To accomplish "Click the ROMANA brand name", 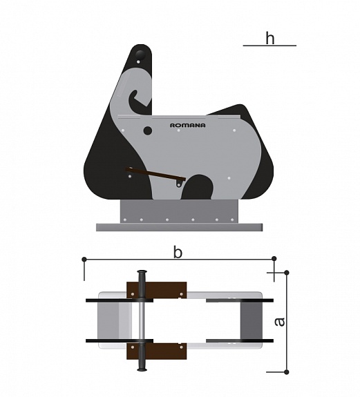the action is tap(187, 126).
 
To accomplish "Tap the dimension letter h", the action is tap(270, 38).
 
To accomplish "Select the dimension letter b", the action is tap(178, 253).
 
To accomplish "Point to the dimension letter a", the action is tap(280, 322).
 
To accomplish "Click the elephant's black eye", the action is tap(148, 130).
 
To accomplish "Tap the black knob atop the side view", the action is tap(140, 55).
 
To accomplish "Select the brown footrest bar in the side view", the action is tap(155, 174).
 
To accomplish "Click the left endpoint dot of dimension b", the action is tap(84, 260).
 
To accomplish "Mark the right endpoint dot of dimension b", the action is tap(274, 259).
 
